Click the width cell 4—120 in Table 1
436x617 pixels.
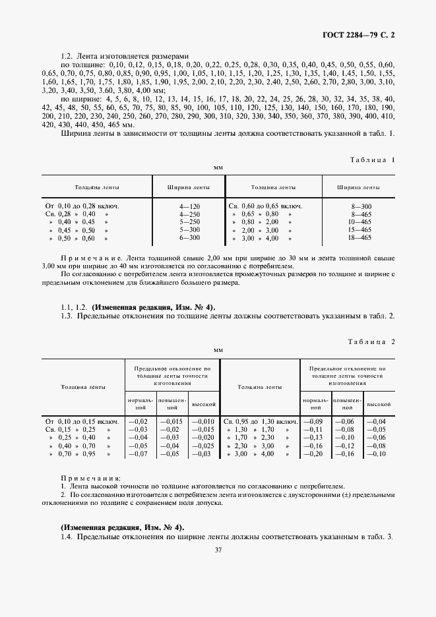[189, 206]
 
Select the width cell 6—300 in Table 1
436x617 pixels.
[189, 238]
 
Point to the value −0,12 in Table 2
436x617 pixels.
[344, 446]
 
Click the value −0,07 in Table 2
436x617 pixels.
[138, 454]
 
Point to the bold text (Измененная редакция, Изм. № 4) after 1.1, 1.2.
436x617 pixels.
[154, 307]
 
